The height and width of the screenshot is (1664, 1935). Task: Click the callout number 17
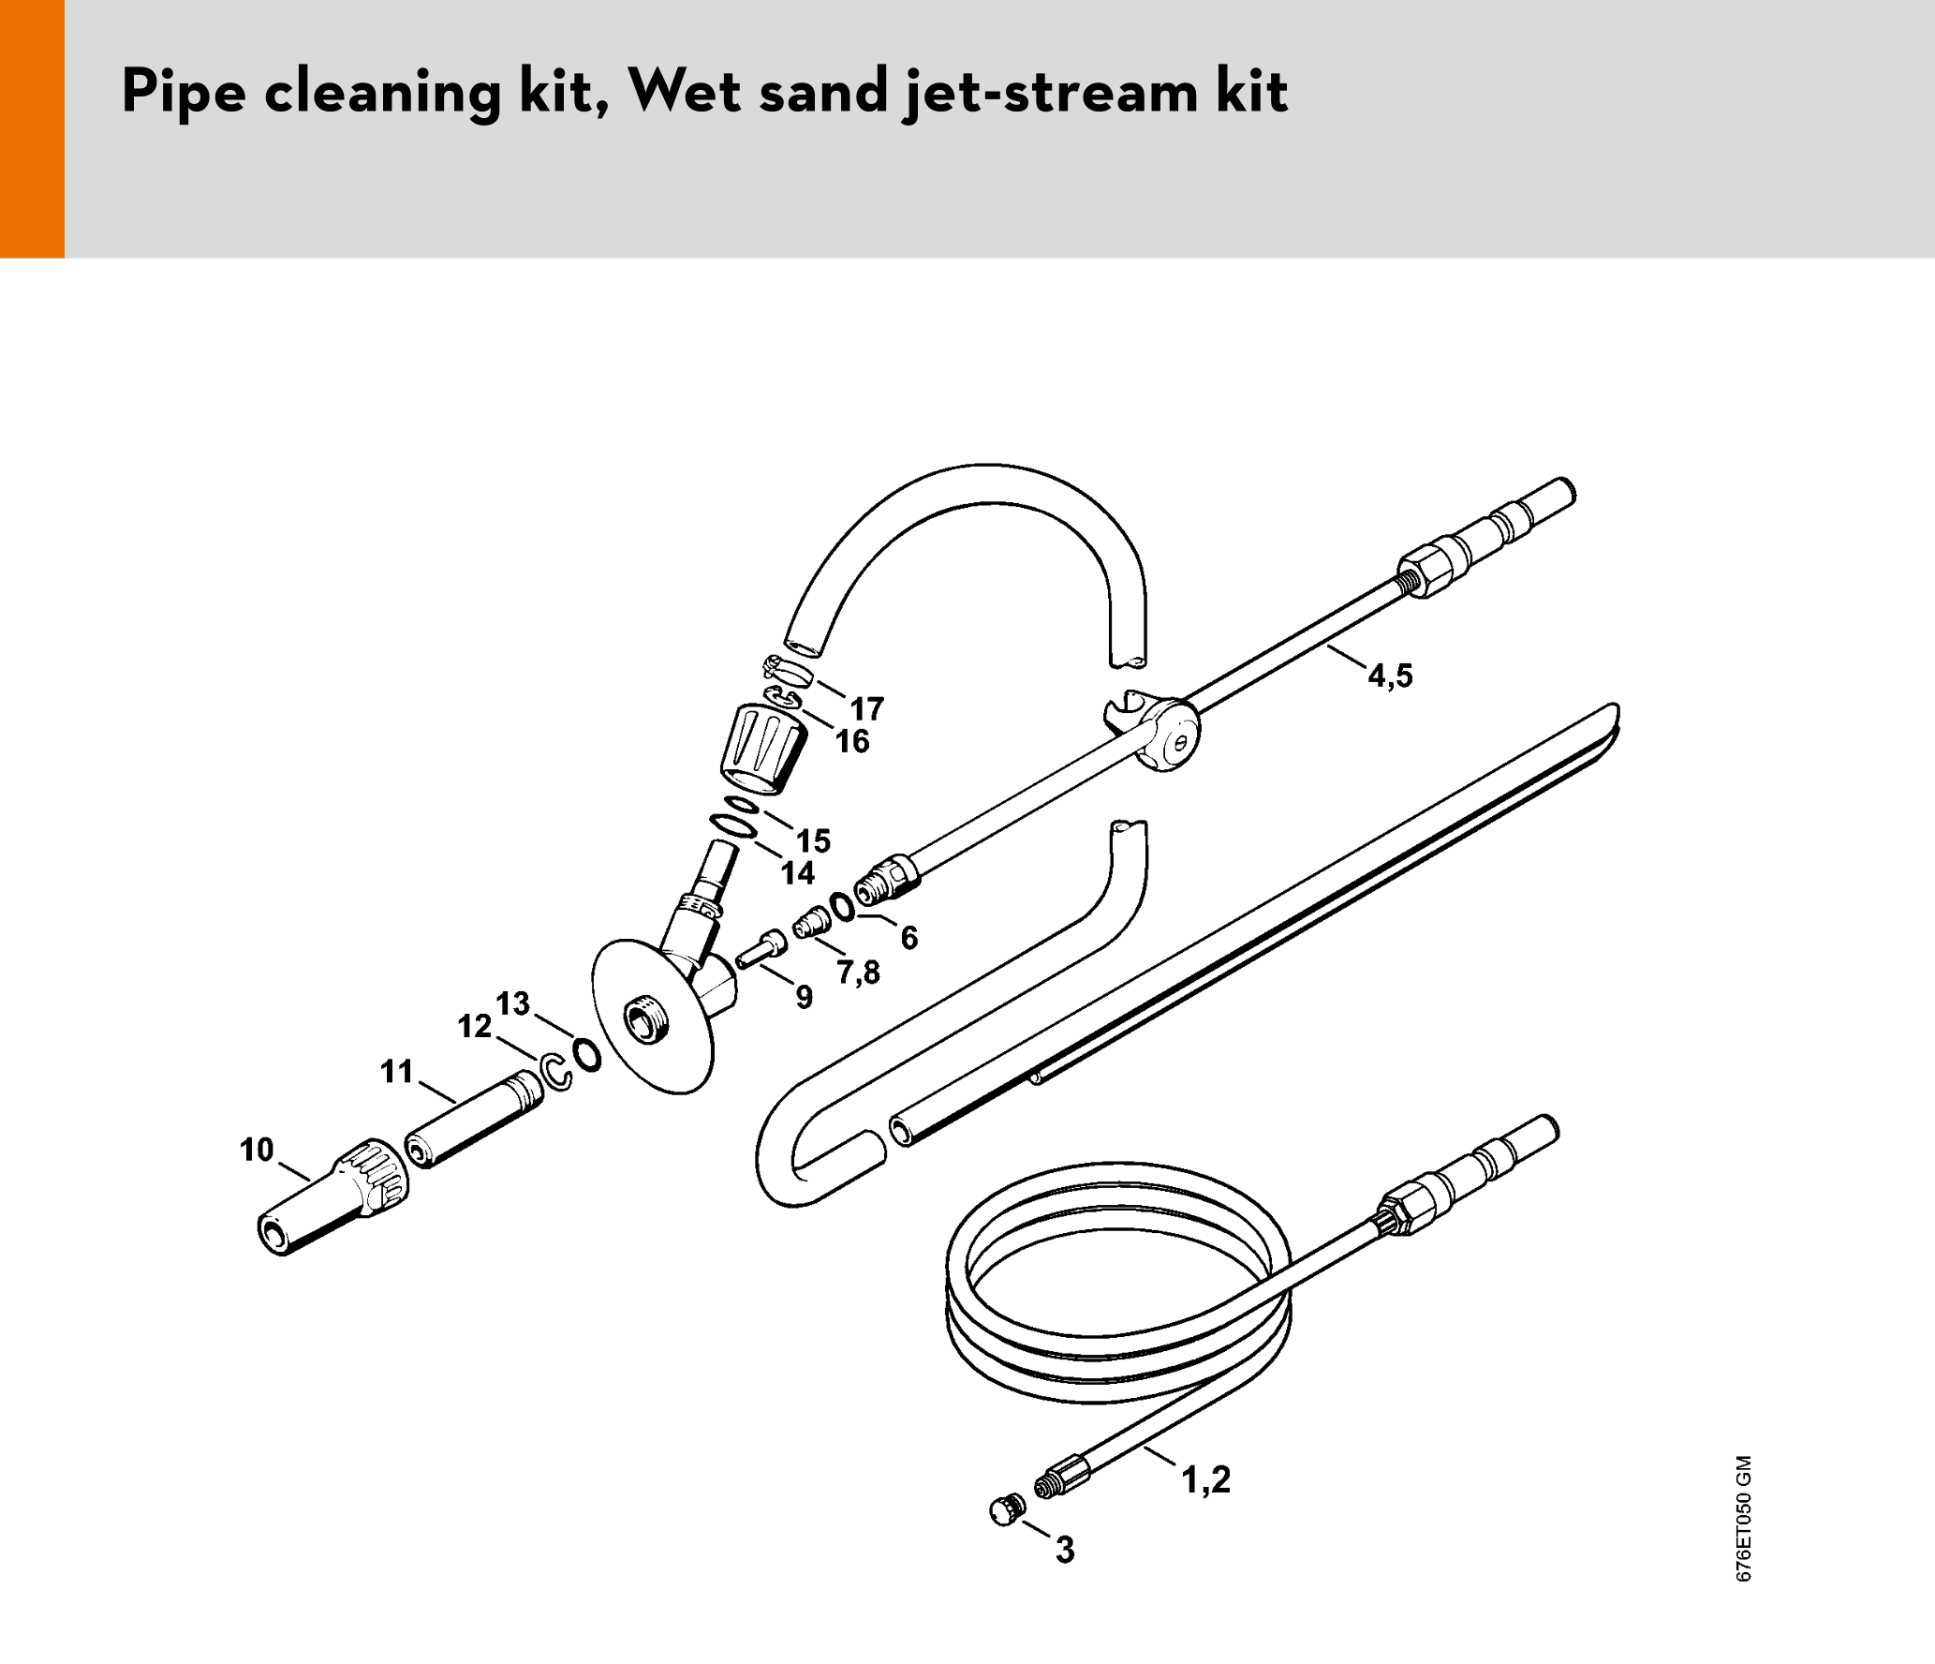coord(866,708)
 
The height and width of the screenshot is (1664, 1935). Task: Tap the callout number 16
coord(852,741)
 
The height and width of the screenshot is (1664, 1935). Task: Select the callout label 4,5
coord(1391,676)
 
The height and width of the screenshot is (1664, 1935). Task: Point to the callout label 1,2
coord(1206,1479)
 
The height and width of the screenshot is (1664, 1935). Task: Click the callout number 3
coord(1065,1550)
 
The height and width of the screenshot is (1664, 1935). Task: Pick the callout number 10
coord(257,1150)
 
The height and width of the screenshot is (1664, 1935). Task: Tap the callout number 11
coord(397,1071)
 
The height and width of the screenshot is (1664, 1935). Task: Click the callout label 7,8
coord(859,973)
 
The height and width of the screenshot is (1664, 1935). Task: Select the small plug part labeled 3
coord(1007,1509)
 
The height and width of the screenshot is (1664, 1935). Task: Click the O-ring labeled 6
coord(842,906)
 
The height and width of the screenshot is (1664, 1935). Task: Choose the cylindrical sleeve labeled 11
coord(474,1120)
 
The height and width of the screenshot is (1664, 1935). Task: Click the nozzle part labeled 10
coord(332,1196)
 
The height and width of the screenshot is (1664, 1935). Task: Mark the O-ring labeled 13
coord(588,1055)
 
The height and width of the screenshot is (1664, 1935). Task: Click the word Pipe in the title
coord(184,93)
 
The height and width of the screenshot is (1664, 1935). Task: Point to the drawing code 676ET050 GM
coord(1743,1518)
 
